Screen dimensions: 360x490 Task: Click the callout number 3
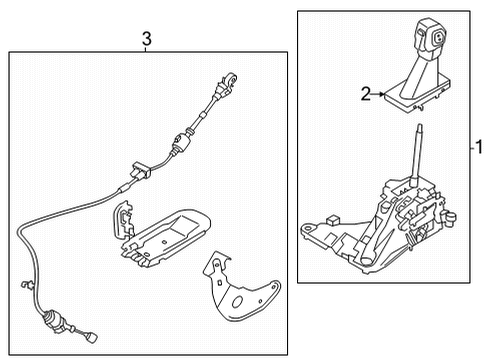(x=146, y=39)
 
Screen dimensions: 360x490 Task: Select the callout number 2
(x=366, y=94)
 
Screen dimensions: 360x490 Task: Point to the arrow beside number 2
(x=380, y=94)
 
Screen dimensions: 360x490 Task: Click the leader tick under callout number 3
(x=146, y=50)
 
